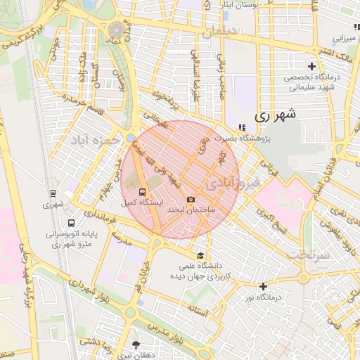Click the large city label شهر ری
(x=275, y=113)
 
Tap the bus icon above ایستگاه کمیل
(x=143, y=191)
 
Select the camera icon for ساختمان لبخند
(x=191, y=200)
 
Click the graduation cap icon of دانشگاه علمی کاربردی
(x=201, y=255)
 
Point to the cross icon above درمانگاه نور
(x=263, y=286)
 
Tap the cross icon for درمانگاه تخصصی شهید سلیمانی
(x=311, y=66)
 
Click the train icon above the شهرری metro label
(x=53, y=193)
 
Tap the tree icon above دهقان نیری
(x=135, y=345)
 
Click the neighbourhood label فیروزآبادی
(x=235, y=182)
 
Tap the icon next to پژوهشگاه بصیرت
(x=243, y=127)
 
